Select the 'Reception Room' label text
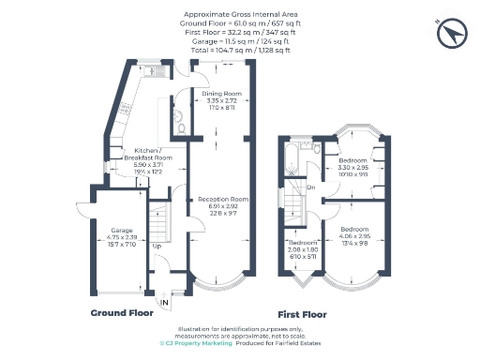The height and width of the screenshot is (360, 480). click(x=221, y=200)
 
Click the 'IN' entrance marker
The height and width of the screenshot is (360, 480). click(x=164, y=302)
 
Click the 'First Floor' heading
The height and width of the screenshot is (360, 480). click(x=304, y=316)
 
